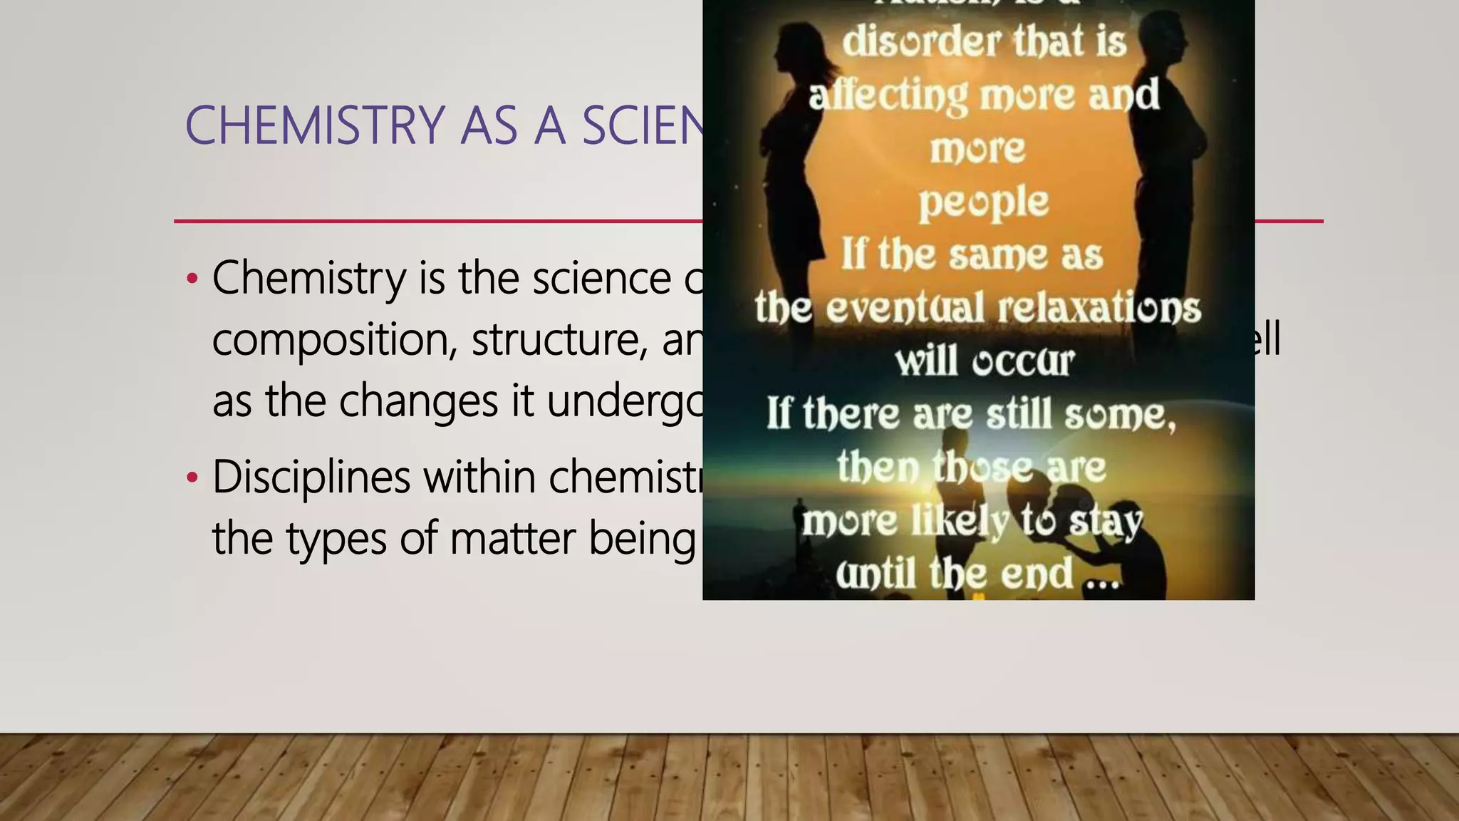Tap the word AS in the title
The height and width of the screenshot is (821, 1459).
tap(489, 126)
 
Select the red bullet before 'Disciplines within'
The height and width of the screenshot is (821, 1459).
tap(191, 477)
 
